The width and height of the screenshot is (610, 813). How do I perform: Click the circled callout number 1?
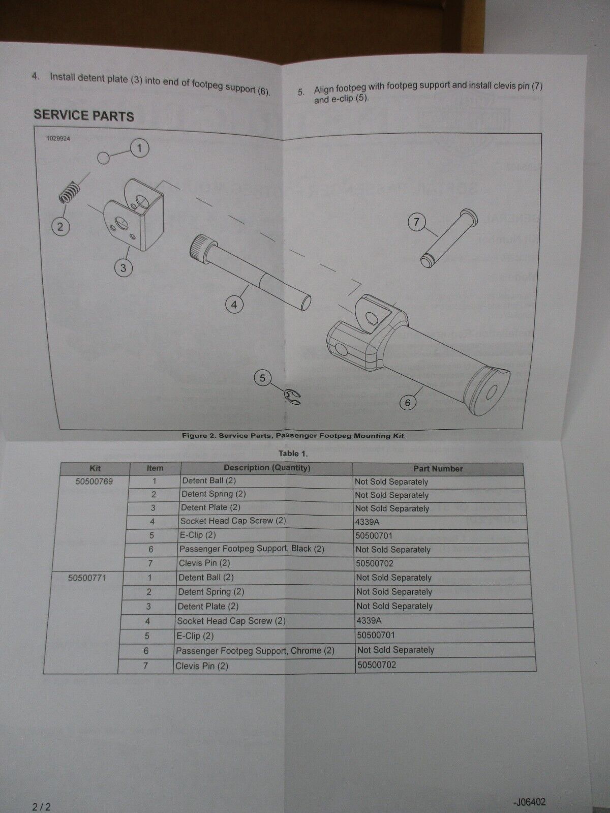click(140, 148)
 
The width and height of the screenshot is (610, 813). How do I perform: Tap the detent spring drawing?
click(70, 192)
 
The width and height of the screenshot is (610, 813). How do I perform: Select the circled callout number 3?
click(123, 268)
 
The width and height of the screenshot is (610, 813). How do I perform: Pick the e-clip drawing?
click(292, 397)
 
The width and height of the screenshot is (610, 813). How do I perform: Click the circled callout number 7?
click(416, 222)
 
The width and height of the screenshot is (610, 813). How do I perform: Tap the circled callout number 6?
click(408, 403)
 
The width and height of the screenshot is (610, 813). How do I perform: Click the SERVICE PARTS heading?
click(84, 115)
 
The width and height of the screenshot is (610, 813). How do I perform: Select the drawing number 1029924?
click(58, 138)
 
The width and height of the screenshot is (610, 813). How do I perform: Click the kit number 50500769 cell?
click(94, 481)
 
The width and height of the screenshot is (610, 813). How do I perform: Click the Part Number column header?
click(438, 469)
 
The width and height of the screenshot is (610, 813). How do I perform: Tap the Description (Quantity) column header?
click(267, 468)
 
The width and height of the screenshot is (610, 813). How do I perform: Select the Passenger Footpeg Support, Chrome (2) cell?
click(255, 651)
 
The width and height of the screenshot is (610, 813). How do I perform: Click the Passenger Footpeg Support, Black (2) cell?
click(252, 549)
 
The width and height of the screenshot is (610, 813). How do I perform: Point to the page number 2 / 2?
click(42, 805)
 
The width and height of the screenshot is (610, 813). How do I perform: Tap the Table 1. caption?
click(293, 454)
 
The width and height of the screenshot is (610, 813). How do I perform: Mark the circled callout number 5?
click(262, 378)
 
